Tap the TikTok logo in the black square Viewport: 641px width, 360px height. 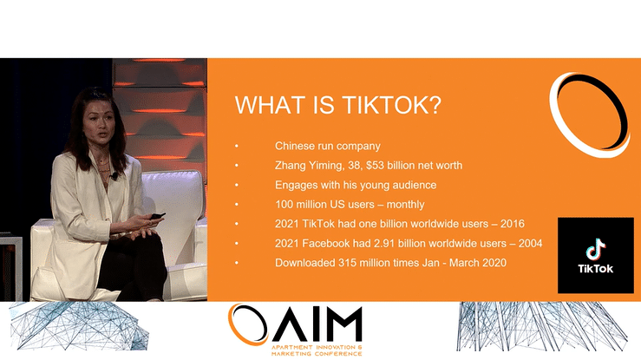(x=596, y=255)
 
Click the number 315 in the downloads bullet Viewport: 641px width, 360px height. (x=346, y=263)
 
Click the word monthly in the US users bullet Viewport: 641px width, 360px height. (x=406, y=205)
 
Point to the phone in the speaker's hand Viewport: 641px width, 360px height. (x=157, y=216)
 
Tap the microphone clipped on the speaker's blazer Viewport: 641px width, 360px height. (x=114, y=176)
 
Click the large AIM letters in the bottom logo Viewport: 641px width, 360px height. (x=316, y=324)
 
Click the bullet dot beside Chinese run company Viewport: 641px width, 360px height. (x=236, y=147)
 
